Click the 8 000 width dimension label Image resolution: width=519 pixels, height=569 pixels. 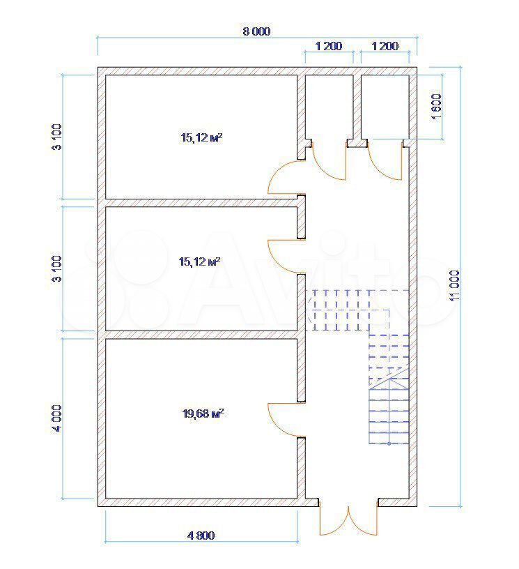tap(256, 31)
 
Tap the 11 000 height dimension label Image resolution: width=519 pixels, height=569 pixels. tap(454, 285)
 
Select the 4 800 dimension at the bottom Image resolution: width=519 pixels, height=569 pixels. tap(201, 536)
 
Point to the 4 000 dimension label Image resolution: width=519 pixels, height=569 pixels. tap(57, 418)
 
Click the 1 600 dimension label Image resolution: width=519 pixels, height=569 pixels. tap(437, 107)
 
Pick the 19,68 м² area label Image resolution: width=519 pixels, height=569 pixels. tap(203, 414)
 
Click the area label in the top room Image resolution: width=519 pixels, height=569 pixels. tap(201, 137)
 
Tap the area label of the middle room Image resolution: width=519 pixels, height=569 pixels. tap(200, 261)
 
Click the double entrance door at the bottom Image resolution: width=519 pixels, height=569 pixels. tap(348, 520)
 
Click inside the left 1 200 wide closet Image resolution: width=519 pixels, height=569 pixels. tap(329, 107)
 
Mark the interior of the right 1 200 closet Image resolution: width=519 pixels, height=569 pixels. tap(385, 107)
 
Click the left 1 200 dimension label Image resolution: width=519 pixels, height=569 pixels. tap(329, 46)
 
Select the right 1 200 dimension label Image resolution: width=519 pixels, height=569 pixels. tap(385, 46)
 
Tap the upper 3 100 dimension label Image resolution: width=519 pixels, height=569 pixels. tap(57, 137)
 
